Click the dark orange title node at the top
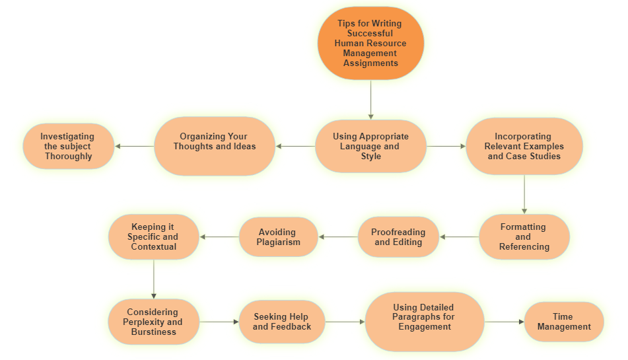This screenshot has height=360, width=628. [x=370, y=43]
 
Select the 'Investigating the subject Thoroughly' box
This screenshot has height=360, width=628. [x=69, y=146]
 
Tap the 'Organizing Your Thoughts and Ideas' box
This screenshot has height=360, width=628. [x=215, y=146]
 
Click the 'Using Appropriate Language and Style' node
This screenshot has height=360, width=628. [x=370, y=146]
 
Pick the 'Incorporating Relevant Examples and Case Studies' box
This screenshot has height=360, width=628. [x=524, y=146]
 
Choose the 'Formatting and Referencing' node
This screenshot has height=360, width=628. [x=524, y=236]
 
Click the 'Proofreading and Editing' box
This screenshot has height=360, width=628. [x=398, y=236]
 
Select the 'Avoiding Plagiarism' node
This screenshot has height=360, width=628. [x=278, y=236]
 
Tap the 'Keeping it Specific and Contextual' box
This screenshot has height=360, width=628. [x=154, y=236]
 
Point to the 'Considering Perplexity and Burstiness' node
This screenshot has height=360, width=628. [x=154, y=322]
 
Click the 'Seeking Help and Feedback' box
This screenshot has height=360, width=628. [x=282, y=322]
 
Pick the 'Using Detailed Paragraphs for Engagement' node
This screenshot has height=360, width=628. [x=425, y=322]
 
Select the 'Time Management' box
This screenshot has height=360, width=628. [x=564, y=322]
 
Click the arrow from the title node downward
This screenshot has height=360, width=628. [x=370, y=99]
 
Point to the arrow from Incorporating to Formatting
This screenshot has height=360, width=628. [x=524, y=193]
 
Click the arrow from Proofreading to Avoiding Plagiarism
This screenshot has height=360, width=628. [x=338, y=236]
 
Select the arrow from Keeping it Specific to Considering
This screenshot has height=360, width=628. [x=154, y=278]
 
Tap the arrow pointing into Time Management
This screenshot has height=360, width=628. [x=504, y=322]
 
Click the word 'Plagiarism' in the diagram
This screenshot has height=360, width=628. [x=278, y=242]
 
